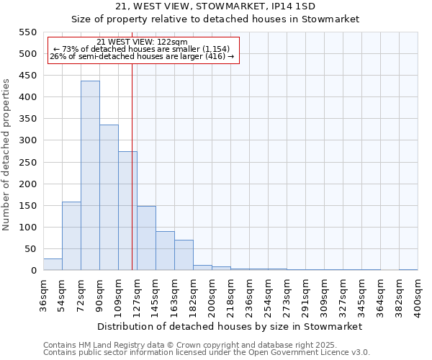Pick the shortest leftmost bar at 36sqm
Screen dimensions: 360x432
pyautogui.click(x=53, y=264)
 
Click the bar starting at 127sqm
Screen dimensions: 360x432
pyautogui.click(x=146, y=238)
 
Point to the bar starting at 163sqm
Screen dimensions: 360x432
pyautogui.click(x=184, y=255)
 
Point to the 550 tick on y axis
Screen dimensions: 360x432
pyautogui.click(x=27, y=32)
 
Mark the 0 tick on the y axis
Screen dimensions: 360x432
pyautogui.click(x=32, y=271)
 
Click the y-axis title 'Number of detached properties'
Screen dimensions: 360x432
pyautogui.click(x=7, y=155)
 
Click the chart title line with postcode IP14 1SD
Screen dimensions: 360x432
pyautogui.click(x=215, y=6)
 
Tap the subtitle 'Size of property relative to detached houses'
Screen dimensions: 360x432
pyautogui.click(x=215, y=19)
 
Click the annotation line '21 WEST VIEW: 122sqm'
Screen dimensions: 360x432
pyautogui.click(x=142, y=42)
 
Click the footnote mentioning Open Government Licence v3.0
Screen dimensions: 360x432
pyautogui.click(x=207, y=352)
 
